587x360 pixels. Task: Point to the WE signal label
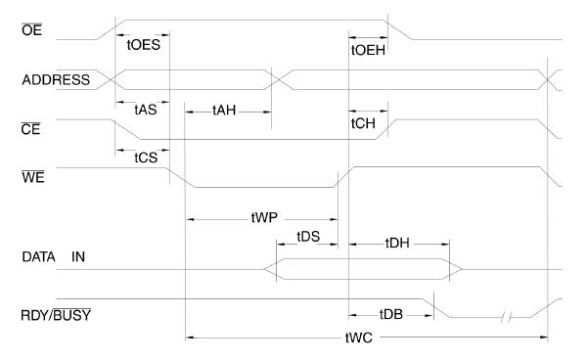(x=19, y=177)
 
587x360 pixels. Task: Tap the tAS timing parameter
(x=144, y=110)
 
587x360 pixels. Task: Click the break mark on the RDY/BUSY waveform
(x=506, y=317)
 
